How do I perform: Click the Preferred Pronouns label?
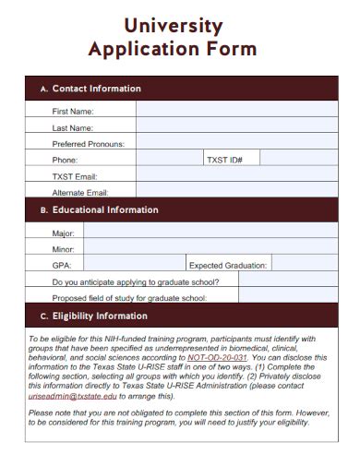tap(88, 144)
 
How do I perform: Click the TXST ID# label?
tap(224, 160)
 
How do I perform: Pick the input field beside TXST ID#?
tap(294, 160)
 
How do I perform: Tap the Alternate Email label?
tap(80, 193)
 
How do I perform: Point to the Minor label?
tap(64, 249)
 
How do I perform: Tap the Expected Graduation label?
tap(227, 265)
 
